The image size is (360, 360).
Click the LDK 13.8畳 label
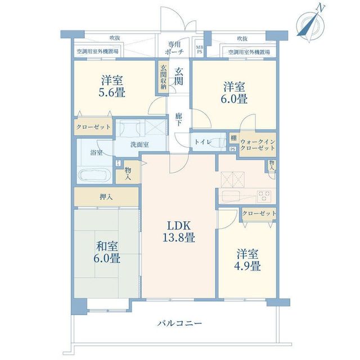pyautogui.click(x=179, y=231)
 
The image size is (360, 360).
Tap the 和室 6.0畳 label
pyautogui.click(x=107, y=253)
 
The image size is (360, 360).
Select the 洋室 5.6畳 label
pyautogui.click(x=112, y=86)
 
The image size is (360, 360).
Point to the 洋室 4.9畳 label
pyautogui.click(x=247, y=260)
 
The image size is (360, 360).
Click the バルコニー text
pyautogui.click(x=179, y=323)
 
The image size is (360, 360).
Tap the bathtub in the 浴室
pyautogui.click(x=94, y=175)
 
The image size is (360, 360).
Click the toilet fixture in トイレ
pyautogui.click(x=218, y=142)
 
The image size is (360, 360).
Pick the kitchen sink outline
pyautogui.click(x=231, y=196)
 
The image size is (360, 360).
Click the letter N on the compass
pyautogui.click(x=320, y=8)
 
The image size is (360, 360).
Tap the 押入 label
pyautogui.click(x=106, y=197)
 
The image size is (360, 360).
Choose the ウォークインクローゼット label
pyautogui.click(x=258, y=145)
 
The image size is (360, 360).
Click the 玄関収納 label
pyautogui.click(x=163, y=77)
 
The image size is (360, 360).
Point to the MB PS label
pyautogui.click(x=200, y=49)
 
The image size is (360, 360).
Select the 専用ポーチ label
pyautogui.click(x=174, y=48)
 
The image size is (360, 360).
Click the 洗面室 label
pyautogui.click(x=139, y=145)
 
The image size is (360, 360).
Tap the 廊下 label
pyautogui.click(x=179, y=119)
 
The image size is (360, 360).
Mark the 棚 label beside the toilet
pyautogui.click(x=234, y=138)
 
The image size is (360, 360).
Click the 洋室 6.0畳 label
pyautogui.click(x=234, y=93)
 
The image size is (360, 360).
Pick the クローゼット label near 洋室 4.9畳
pyautogui.click(x=259, y=213)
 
